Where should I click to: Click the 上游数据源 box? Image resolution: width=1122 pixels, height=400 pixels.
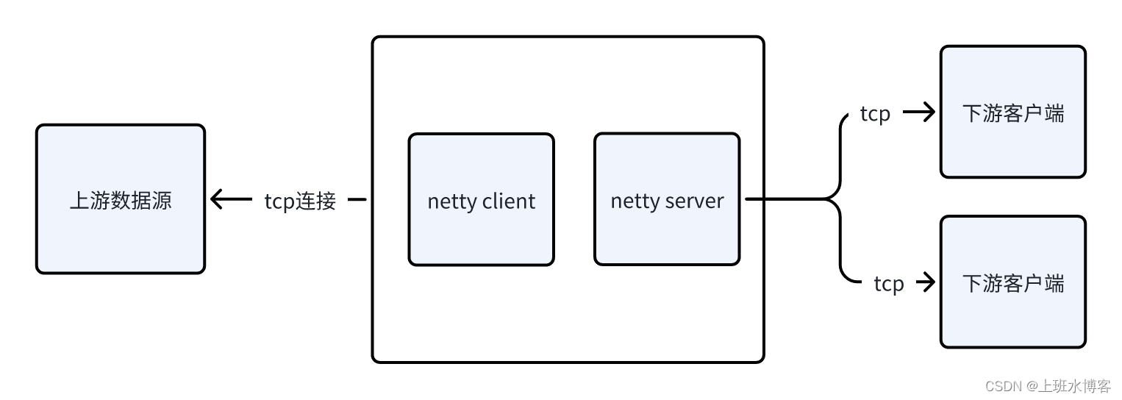tap(121, 199)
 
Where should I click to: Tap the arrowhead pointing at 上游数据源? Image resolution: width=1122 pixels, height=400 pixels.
tap(216, 199)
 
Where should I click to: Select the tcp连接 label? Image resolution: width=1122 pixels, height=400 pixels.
tap(300, 201)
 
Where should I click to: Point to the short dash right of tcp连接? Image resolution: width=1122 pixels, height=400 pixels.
tap(357, 199)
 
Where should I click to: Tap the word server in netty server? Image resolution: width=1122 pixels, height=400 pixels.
tap(696, 201)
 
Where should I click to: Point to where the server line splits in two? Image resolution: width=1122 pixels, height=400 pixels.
tap(836, 199)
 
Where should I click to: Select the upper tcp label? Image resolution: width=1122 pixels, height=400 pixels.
tap(875, 113)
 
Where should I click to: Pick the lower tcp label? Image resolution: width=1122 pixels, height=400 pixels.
tap(888, 283)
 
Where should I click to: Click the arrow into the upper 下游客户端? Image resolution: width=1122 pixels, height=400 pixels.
tap(920, 113)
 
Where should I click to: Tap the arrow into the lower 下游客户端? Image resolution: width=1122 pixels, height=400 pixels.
tap(926, 282)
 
